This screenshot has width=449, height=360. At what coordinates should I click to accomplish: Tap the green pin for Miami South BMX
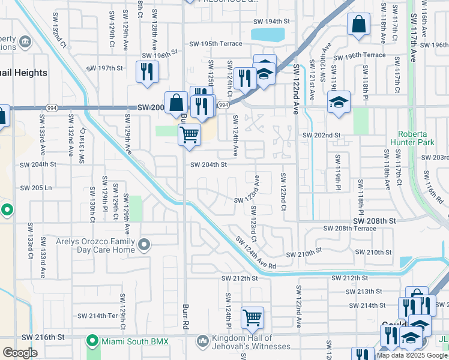click(x=92, y=341)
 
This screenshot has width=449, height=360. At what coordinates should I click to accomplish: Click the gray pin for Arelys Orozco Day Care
click(x=144, y=244)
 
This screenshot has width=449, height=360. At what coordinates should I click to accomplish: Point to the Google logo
click(x=20, y=353)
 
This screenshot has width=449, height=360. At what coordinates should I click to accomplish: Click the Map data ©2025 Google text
click(x=412, y=355)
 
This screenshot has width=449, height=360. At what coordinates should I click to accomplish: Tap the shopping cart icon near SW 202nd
click(x=189, y=133)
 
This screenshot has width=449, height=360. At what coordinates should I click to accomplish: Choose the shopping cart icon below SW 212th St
click(x=252, y=317)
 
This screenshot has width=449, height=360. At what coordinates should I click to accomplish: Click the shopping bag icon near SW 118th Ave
click(x=358, y=25)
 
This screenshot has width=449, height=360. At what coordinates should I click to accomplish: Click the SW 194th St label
click(x=270, y=21)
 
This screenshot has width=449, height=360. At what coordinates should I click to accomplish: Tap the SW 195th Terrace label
click(x=216, y=44)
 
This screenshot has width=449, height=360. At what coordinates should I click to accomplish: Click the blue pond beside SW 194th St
click(x=268, y=34)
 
